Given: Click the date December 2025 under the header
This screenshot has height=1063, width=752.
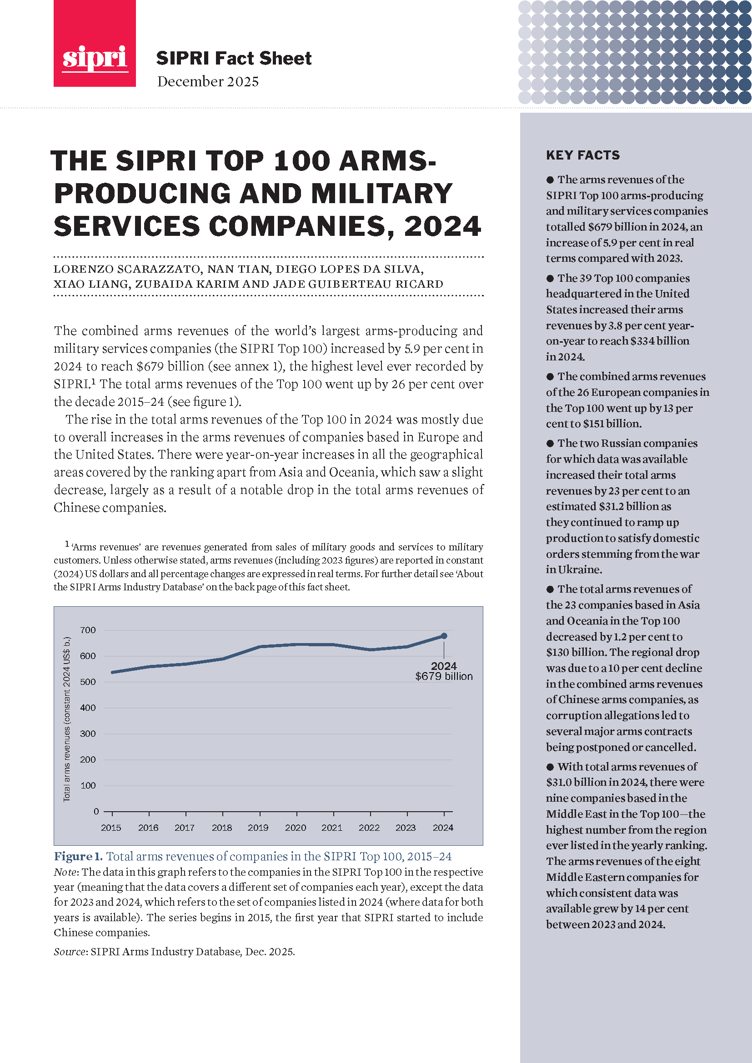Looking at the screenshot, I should [207, 81].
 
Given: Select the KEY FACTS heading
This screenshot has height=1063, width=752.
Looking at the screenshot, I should [582, 155].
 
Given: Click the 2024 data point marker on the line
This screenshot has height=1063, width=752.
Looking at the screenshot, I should [444, 636].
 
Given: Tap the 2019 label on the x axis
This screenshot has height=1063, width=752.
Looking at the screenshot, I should [258, 827].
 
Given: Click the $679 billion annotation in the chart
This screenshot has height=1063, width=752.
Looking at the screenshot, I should [444, 676].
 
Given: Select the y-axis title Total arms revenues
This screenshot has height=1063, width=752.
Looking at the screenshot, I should [67, 719].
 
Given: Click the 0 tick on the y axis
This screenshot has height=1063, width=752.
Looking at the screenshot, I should [96, 811].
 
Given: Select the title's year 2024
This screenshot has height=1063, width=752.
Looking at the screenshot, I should [442, 226].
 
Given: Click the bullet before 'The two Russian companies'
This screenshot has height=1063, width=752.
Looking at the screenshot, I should [550, 444].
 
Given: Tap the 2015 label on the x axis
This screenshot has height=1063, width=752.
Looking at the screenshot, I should [111, 827].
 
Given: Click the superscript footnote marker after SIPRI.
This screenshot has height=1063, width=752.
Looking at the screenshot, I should [93, 381].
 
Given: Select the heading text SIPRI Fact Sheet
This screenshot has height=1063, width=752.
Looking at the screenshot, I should [233, 58].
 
